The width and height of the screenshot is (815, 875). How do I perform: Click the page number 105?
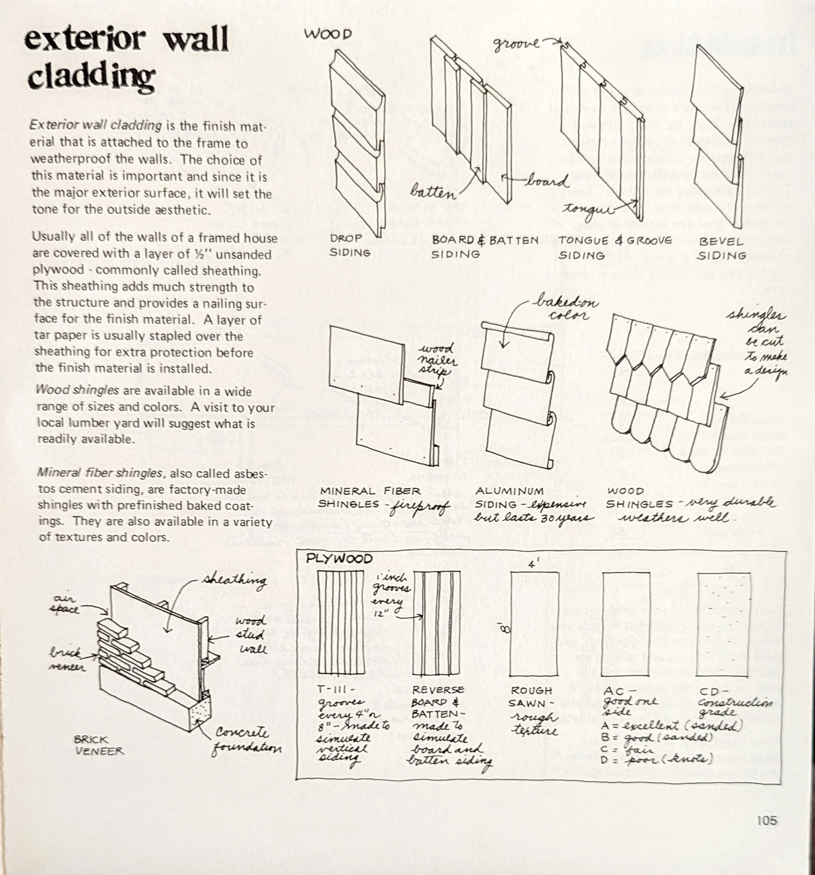(x=767, y=821)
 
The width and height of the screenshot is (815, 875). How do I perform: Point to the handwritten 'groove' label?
(x=516, y=43)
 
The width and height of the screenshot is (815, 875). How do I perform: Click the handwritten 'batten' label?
(x=433, y=193)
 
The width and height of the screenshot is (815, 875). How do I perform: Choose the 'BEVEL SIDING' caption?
(x=721, y=248)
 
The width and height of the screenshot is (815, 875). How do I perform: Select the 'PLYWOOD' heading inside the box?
(x=339, y=559)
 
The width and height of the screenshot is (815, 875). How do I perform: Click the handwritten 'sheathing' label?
(x=234, y=581)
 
